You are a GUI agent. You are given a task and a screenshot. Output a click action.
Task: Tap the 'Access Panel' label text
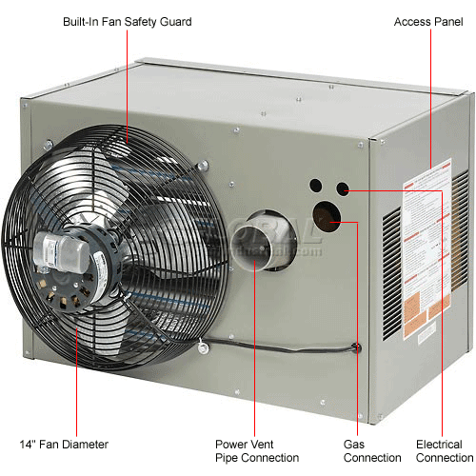(426, 21)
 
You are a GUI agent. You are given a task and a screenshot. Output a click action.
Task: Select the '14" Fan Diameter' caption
(64, 444)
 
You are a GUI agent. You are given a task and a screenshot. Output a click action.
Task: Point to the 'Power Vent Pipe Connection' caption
(256, 449)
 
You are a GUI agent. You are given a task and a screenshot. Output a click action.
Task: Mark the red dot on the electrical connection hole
(341, 190)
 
